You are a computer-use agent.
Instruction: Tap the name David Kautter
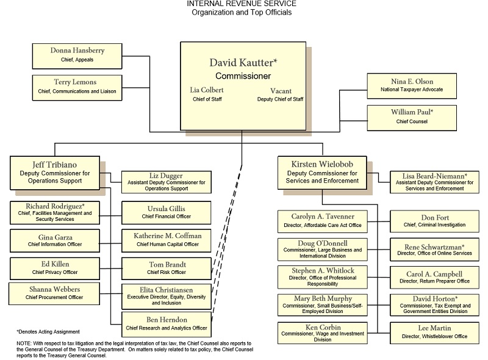click(x=243, y=62)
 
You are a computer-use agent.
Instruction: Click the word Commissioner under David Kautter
click(x=243, y=76)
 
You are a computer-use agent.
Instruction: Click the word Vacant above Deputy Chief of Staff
click(x=280, y=90)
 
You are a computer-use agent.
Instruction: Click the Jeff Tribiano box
click(x=54, y=173)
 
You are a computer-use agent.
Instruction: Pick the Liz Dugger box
click(x=166, y=182)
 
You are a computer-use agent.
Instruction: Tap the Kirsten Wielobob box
click(x=323, y=173)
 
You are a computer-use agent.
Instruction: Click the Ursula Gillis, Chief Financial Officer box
click(x=166, y=212)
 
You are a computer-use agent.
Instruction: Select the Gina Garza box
click(x=54, y=240)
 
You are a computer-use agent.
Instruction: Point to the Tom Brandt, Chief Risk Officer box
click(x=166, y=268)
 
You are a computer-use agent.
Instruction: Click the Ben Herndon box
click(x=166, y=323)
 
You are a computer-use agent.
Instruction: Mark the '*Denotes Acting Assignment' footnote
click(x=48, y=331)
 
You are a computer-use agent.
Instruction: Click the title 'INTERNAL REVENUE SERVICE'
click(x=242, y=4)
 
